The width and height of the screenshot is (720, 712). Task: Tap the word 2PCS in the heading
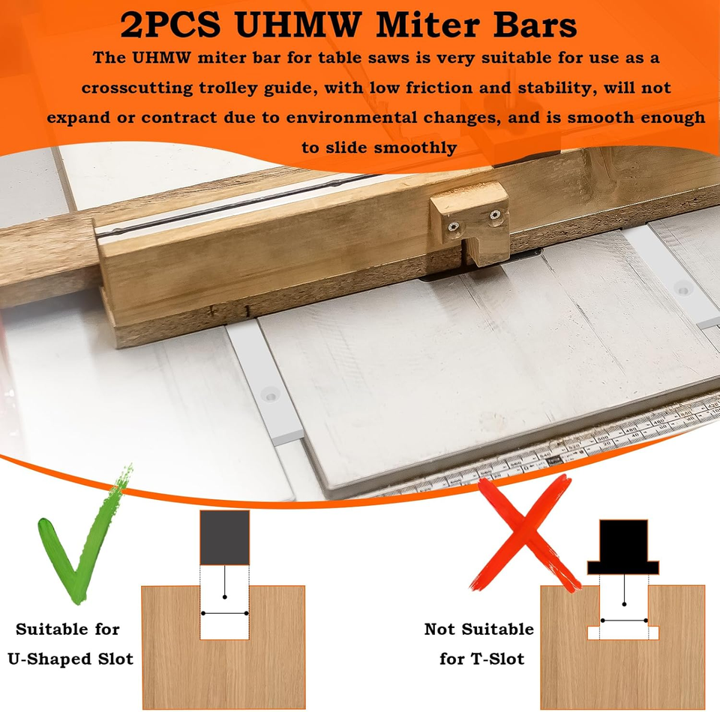coord(170,27)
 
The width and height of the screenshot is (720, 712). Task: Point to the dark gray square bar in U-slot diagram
coord(225,537)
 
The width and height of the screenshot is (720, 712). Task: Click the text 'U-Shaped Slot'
coord(70,660)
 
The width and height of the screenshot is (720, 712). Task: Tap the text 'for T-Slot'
coord(481,660)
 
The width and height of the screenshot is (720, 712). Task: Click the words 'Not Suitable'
coord(479,630)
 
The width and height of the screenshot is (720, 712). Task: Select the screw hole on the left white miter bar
coord(269,391)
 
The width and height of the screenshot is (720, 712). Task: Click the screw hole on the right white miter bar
coord(682,286)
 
